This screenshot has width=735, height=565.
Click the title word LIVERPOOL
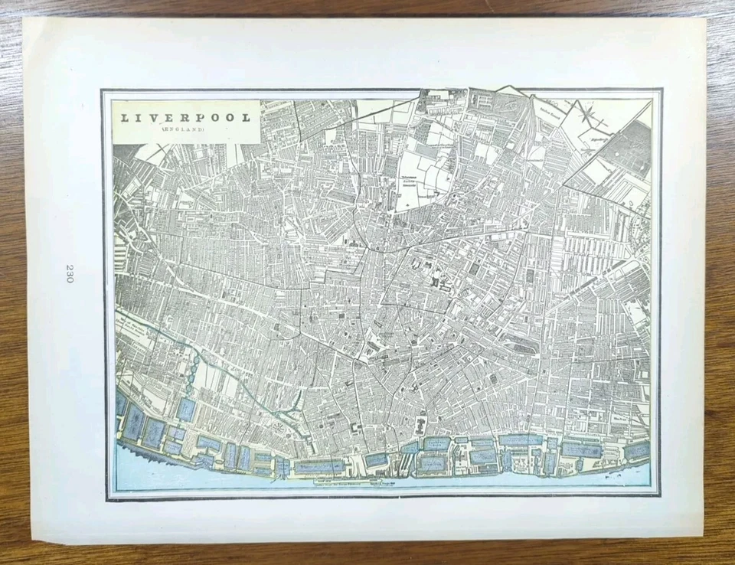click(184, 119)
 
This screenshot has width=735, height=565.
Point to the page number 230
click(70, 273)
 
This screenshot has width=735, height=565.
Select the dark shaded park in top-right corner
click(632, 153)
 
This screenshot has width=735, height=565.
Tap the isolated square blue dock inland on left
click(185, 410)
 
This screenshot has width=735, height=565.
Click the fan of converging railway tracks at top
click(528, 115)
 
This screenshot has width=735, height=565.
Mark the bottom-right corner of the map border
click(660, 496)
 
